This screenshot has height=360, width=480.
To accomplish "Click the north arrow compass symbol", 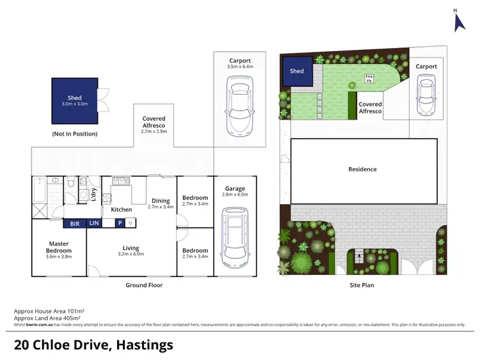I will tap(458, 21).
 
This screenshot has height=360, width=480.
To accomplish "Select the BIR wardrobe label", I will tap(74, 223).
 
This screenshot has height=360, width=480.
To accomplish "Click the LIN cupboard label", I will tap(94, 223).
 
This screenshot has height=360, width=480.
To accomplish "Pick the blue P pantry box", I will tap(119, 223).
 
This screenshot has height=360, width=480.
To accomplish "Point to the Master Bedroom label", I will tap(60, 247).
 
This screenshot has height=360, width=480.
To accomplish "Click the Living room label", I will tap(131, 250).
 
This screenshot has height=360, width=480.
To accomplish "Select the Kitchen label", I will tap(122, 210).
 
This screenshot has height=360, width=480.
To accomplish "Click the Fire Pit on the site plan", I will tap(369, 79).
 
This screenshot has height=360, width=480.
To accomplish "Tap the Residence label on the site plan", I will tap(362, 169).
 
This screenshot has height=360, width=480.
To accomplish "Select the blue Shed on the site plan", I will tap(297, 71).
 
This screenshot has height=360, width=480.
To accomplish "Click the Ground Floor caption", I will tap(143, 285).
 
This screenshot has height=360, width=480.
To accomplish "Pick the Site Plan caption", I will tap(362, 285).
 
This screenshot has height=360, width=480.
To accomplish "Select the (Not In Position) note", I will tap(75, 134).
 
